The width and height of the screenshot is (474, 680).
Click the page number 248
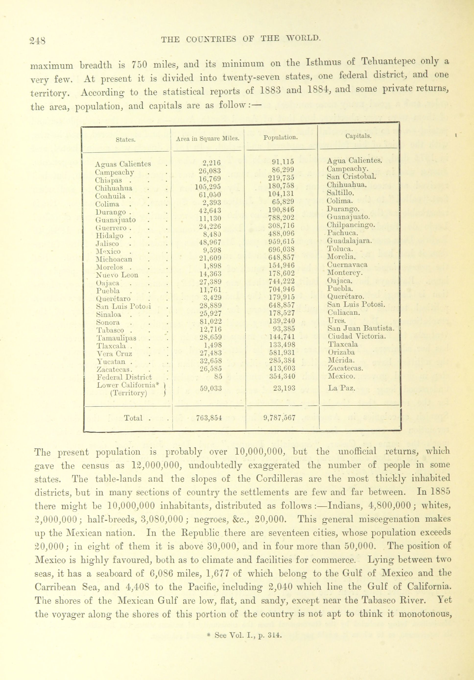coord(38,40)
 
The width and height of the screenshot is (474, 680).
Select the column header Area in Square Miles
coord(208,138)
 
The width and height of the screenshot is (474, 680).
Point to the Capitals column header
coord(358,136)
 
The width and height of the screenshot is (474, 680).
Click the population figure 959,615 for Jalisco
coord(283,241)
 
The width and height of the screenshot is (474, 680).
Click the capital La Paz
coord(341,388)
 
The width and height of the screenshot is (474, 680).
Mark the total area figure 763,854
coord(209,418)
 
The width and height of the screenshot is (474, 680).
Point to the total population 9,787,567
coord(279,418)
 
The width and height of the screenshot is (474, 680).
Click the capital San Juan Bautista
coord(361,328)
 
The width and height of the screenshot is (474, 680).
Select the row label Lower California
coord(126,385)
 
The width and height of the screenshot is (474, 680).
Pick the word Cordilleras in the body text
coord(280,479)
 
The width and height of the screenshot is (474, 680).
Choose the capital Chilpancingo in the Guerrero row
coord(351,225)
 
